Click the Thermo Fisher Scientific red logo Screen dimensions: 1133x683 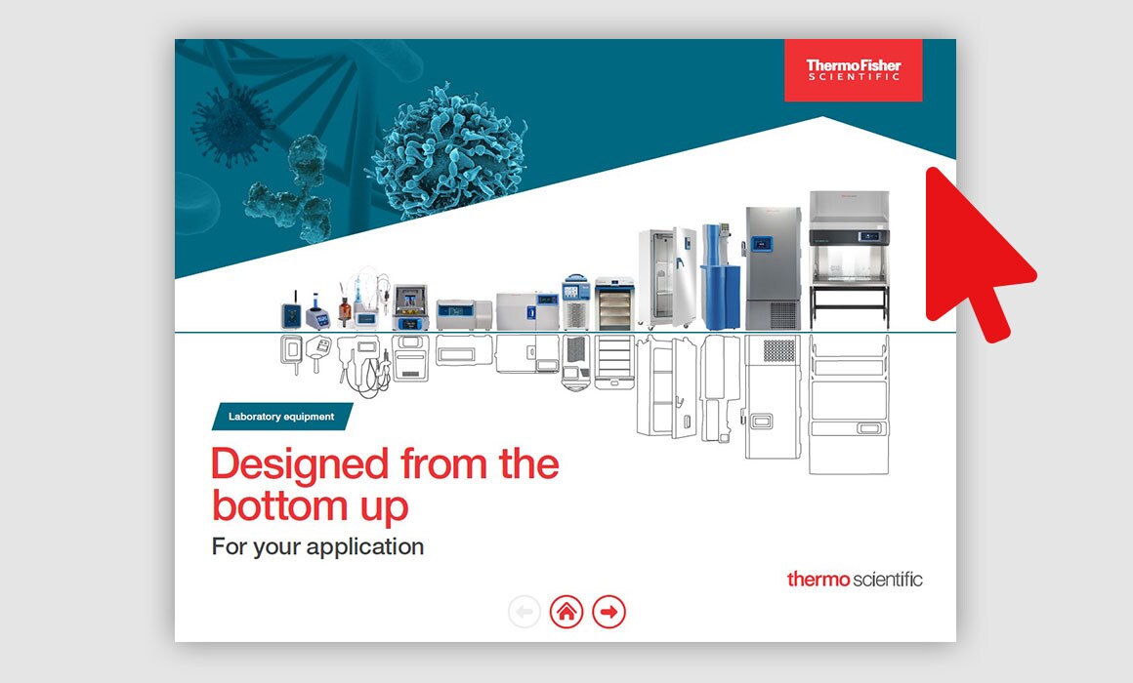tap(854, 70)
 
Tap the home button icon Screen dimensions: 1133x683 tap(566, 612)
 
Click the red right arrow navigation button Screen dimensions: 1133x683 tap(609, 612)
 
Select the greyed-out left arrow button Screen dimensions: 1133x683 tap(525, 612)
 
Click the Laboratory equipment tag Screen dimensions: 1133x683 tap(282, 417)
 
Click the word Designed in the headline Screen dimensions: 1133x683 tap(300, 463)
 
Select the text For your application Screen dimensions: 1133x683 tap(318, 546)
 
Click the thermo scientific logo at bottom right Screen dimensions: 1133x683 tap(855, 579)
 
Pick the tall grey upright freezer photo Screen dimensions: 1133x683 tap(774, 268)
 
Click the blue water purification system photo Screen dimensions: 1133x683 tap(721, 276)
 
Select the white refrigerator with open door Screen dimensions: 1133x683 tap(667, 278)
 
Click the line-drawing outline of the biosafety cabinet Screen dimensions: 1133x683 tap(849, 404)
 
